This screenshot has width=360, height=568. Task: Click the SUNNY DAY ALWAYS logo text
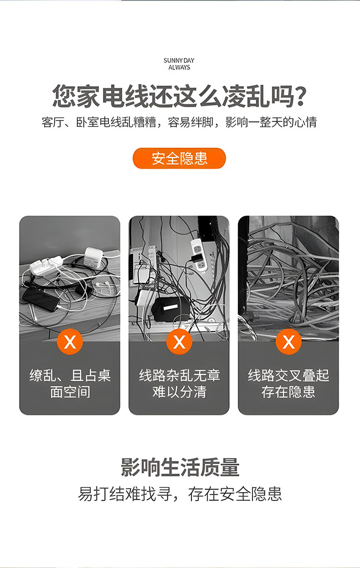tap(179, 64)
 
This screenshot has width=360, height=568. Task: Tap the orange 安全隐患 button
tap(179, 158)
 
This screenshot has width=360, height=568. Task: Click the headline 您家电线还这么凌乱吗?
tap(180, 96)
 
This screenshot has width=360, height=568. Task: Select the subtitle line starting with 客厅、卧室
tap(179, 122)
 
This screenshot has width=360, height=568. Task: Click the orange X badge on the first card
tap(70, 341)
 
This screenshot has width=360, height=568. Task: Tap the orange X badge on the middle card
tap(179, 341)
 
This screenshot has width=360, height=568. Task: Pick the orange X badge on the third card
tap(288, 341)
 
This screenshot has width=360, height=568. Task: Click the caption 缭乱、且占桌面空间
tap(70, 384)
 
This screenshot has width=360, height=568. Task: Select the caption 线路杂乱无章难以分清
tap(179, 384)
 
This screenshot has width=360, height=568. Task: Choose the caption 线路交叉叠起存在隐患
tap(288, 384)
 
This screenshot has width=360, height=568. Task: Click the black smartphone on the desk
tap(41, 299)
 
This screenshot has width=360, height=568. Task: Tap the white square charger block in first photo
tap(93, 257)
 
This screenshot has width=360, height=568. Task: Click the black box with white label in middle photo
tap(169, 309)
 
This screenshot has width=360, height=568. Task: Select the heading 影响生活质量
tap(180, 467)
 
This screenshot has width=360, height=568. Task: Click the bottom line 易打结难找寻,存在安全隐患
tap(180, 494)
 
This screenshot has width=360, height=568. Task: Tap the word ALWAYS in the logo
tap(179, 67)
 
